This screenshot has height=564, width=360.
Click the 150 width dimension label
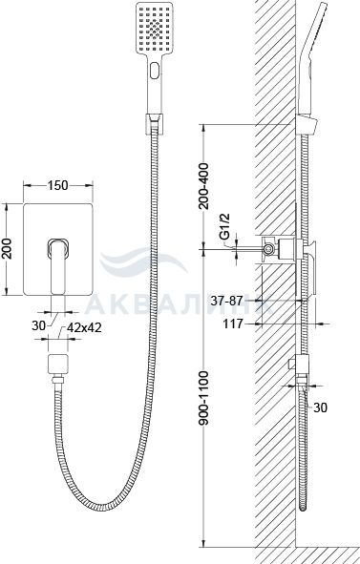(x=57, y=185)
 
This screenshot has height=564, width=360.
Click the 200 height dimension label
(x=7, y=248)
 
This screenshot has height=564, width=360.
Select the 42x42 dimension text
(x=84, y=327)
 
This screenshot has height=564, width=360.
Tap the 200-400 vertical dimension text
(x=203, y=185)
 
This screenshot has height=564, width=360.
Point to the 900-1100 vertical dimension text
(x=203, y=398)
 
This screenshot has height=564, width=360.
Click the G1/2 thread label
(x=224, y=226)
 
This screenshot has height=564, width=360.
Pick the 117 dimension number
(x=233, y=324)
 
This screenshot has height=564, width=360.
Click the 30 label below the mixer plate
(x=38, y=325)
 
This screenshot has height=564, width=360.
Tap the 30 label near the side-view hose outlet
(x=321, y=407)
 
